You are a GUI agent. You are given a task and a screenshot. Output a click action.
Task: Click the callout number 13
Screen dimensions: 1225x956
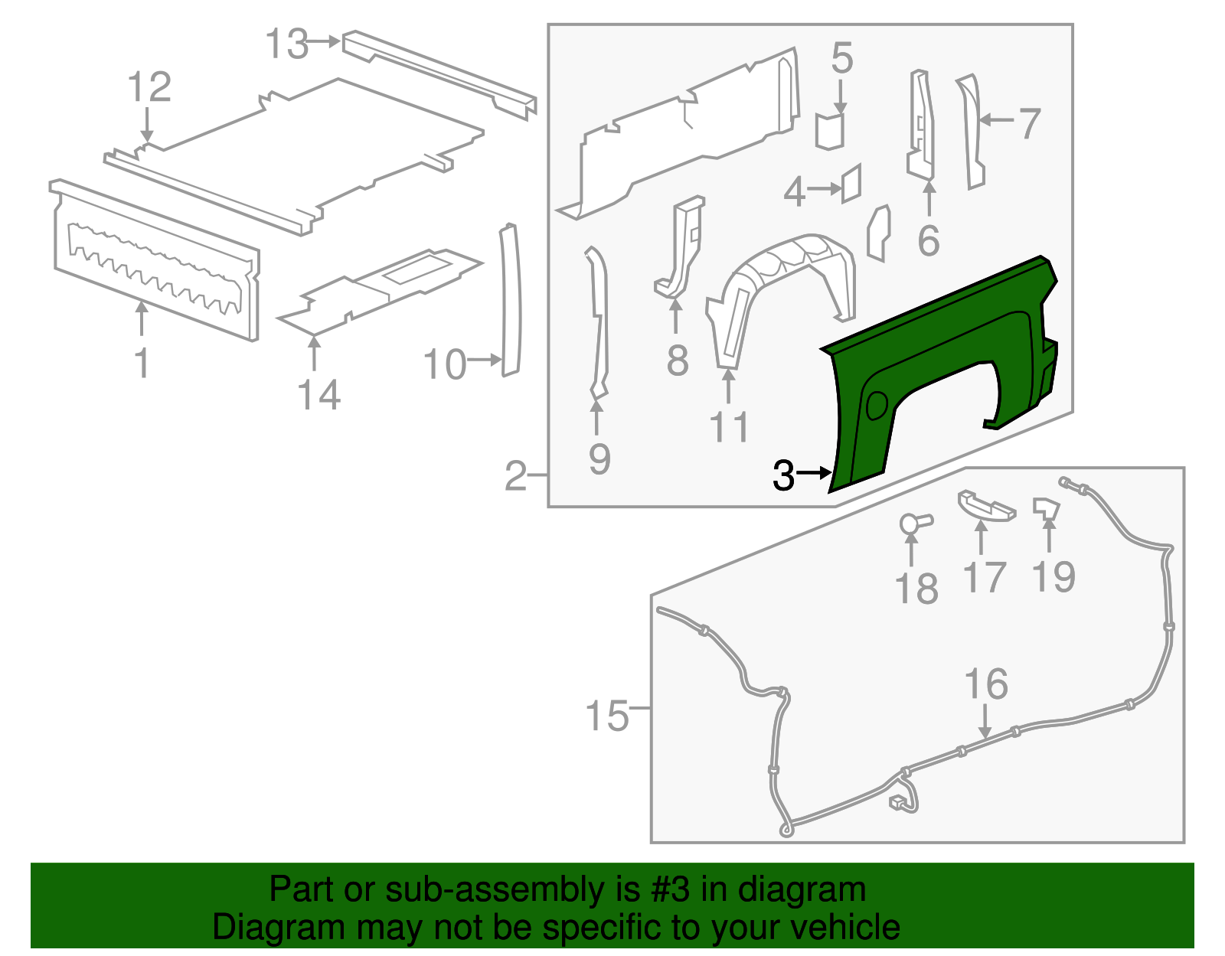(287, 44)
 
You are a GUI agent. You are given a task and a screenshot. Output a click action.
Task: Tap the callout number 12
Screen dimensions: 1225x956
(149, 86)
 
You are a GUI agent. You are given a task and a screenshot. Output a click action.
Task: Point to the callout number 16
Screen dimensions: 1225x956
(986, 684)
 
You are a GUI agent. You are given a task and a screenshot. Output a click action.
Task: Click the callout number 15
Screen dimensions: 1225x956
(606, 716)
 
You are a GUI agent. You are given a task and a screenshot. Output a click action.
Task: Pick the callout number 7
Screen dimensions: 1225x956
(1030, 122)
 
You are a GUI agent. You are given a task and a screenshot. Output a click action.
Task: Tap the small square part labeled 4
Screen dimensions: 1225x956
(852, 183)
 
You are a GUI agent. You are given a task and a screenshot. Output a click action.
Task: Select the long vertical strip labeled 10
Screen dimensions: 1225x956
(510, 300)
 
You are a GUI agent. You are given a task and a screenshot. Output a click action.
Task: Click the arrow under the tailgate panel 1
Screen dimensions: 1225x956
(142, 319)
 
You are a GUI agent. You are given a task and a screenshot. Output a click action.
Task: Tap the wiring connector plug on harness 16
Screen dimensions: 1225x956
(897, 801)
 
